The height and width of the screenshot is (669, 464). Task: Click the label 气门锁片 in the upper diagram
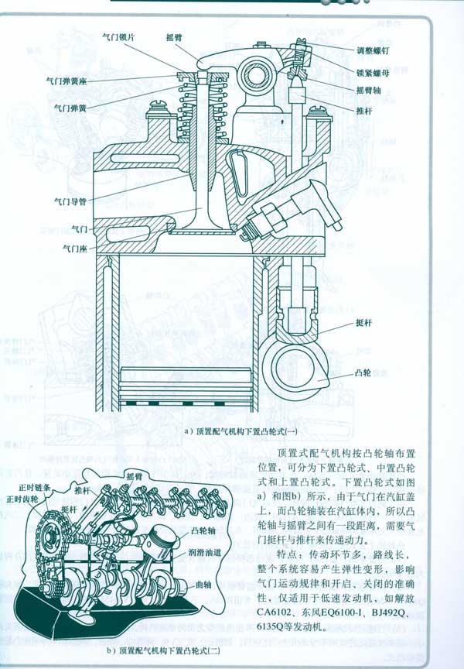coord(120,36)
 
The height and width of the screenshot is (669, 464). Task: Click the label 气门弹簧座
coord(70,79)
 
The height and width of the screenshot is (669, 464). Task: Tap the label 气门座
coord(76,249)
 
